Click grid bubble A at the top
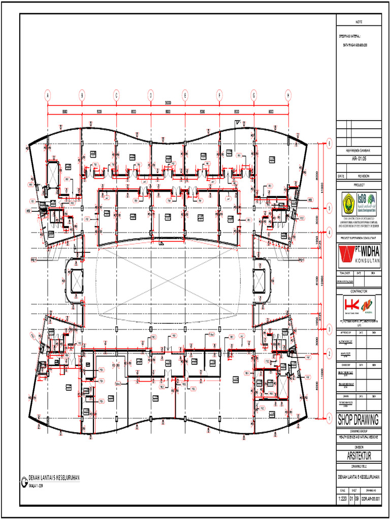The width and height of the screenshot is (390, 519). (48, 95)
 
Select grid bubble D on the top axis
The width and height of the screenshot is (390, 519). (151, 95)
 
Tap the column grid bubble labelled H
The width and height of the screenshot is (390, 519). (288, 95)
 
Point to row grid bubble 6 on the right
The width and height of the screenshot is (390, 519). (329, 144)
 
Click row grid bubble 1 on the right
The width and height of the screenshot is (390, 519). (329, 419)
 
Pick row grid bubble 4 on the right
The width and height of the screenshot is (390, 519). (329, 232)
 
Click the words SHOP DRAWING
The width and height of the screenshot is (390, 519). (359, 420)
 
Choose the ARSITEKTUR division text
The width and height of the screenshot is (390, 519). (359, 457)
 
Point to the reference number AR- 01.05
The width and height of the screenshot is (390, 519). (359, 158)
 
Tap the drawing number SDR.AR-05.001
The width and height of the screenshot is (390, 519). (370, 499)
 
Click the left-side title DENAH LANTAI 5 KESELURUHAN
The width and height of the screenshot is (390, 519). (54, 478)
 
